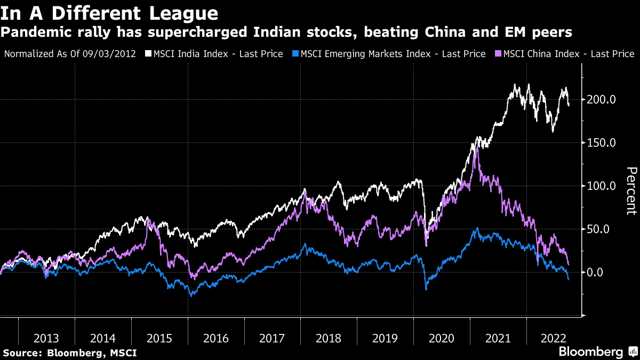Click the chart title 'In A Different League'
point(109,13)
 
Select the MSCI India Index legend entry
point(218,54)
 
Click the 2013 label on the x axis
point(46,338)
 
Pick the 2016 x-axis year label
point(215,338)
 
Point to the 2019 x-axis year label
point(385,338)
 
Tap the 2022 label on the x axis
point(554,338)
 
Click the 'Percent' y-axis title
point(631,191)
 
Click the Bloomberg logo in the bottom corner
point(597,351)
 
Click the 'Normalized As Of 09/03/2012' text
point(69,54)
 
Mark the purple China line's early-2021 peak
point(476,148)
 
